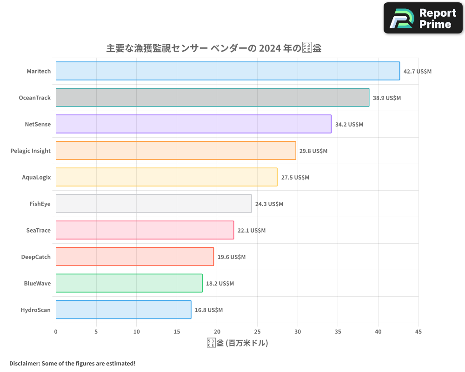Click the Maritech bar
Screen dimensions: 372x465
coord(228,71)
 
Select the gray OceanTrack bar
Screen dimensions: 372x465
coord(213,98)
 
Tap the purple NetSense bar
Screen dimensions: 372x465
coord(193,124)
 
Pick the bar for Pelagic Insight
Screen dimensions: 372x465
coord(176,151)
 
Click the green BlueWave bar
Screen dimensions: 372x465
coord(129,283)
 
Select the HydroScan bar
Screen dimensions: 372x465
coord(124,310)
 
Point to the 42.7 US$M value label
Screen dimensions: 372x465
coord(418,72)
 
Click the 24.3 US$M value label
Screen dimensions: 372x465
coord(269,204)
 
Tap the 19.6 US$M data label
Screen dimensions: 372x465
coord(232,257)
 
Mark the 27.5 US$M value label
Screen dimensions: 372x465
coord(295,178)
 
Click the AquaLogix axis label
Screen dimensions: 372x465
coord(36,177)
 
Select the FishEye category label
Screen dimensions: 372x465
coord(40,204)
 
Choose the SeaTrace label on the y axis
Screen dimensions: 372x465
coord(39,230)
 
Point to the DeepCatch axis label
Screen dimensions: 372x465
coord(36,257)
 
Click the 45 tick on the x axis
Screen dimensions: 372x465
coord(418,332)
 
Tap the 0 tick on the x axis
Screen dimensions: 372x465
coord(56,332)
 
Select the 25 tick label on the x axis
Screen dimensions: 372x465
coord(257,332)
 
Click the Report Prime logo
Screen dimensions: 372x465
coord(423,18)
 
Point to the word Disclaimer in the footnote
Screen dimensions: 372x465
coord(24,363)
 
